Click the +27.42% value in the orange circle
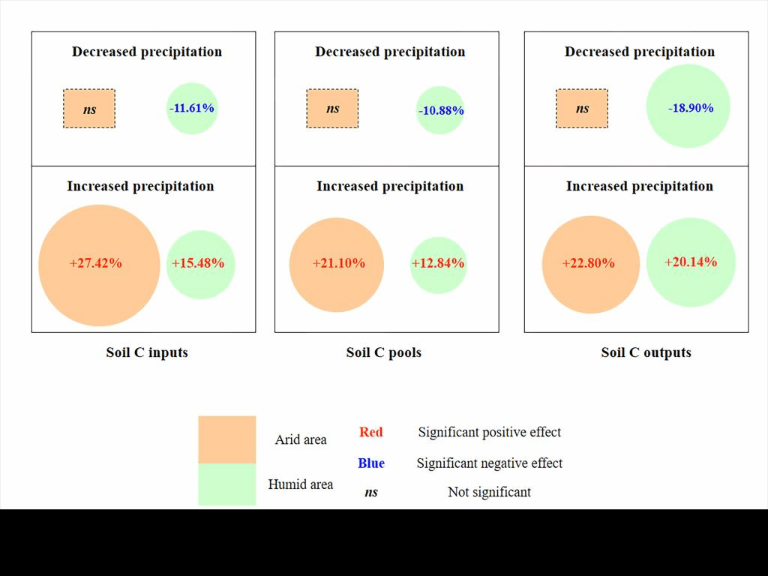tap(96, 263)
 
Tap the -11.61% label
tap(192, 108)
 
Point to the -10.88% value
tap(441, 111)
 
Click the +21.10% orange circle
tap(338, 263)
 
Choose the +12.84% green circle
tap(438, 264)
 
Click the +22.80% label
tap(589, 263)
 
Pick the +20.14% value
tap(691, 262)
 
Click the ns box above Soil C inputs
tap(89, 109)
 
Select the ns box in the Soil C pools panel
tap(332, 109)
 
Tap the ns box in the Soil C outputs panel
tap(582, 109)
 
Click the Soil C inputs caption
tap(147, 352)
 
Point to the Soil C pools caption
tap(384, 352)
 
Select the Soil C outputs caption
tap(646, 352)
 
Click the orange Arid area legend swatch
tap(227, 439)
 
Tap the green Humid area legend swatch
tap(227, 484)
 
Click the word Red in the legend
tap(371, 432)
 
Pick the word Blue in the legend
tap(371, 463)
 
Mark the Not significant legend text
tap(489, 493)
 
